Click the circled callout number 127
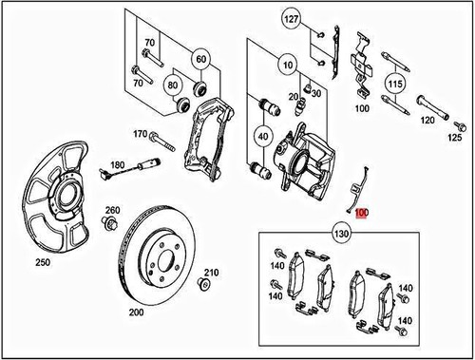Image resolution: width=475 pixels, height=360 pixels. click(291, 19)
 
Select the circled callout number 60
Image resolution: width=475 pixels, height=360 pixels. click(201, 59)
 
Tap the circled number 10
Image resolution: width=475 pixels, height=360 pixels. click(288, 66)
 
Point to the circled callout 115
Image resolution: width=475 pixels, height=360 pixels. click(395, 84)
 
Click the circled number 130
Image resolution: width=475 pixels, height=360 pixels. click(341, 234)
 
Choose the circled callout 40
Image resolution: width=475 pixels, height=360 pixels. click(263, 137)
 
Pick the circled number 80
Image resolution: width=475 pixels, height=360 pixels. click(173, 85)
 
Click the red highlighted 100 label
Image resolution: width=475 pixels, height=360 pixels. click(361, 214)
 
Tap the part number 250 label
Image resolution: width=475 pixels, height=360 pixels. click(43, 262)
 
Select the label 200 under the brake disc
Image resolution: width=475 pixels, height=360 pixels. click(136, 313)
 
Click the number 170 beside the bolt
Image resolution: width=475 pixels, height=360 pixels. click(141, 134)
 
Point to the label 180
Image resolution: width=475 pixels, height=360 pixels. click(118, 165)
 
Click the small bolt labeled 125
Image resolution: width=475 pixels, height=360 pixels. click(459, 126)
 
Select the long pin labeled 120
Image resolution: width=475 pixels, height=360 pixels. click(432, 107)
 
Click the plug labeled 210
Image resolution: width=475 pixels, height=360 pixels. click(204, 283)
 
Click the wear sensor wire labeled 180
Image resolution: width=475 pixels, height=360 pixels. click(131, 167)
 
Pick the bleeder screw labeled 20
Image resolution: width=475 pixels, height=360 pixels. click(300, 107)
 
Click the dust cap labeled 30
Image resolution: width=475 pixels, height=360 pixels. click(307, 87)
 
